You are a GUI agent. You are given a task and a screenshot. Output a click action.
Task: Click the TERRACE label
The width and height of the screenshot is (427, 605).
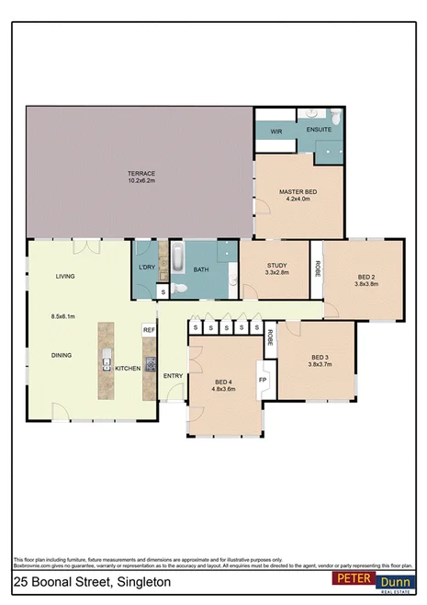click(141, 174)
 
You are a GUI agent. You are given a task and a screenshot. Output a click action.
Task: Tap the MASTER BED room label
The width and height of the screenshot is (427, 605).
click(298, 191)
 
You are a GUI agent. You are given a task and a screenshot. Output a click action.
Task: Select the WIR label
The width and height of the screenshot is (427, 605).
click(275, 131)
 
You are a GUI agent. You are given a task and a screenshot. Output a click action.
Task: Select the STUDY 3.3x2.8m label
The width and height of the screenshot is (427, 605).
click(277, 268)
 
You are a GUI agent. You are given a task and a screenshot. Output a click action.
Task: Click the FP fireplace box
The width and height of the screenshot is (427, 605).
click(262, 380)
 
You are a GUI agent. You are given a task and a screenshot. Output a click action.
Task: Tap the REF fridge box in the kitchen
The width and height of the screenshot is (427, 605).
click(148, 329)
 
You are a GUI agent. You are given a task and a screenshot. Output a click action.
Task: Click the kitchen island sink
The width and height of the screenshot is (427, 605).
click(107, 360)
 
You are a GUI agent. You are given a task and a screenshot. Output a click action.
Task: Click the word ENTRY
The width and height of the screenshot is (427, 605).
click(173, 375)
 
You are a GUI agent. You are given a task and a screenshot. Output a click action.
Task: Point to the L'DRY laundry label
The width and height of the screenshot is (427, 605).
click(145, 268)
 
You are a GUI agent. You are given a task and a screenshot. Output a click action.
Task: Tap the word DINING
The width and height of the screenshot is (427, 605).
click(62, 355)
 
